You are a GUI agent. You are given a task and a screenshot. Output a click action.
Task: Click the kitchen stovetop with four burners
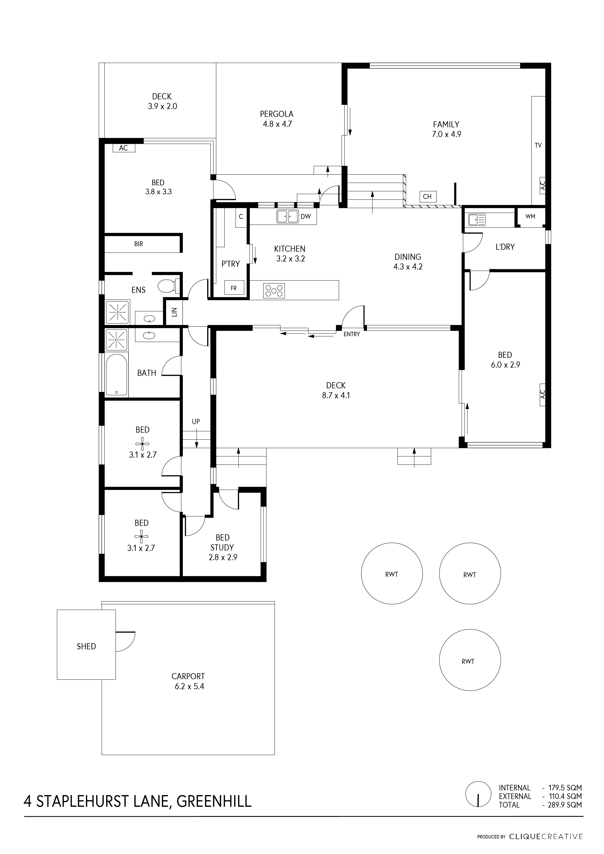click(274, 291)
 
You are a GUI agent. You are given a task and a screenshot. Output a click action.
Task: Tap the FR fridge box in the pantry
click(233, 288)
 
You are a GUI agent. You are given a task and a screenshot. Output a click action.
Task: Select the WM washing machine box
click(530, 216)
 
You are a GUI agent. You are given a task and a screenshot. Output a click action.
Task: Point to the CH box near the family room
click(427, 196)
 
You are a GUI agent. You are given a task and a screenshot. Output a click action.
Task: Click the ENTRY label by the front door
click(352, 334)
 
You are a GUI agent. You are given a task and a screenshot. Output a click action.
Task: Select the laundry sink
click(477, 219)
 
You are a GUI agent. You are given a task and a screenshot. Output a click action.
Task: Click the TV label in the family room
click(538, 145)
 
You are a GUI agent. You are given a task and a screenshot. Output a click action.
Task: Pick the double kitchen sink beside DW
click(288, 216)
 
